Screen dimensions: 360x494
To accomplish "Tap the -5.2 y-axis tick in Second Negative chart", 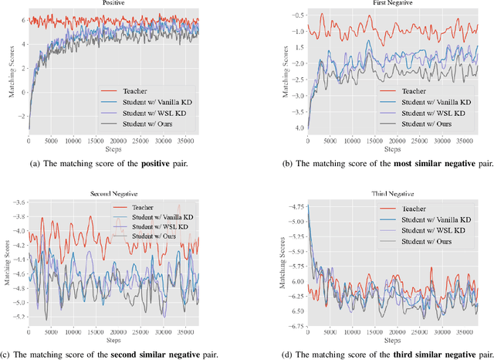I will click(x=17, y=317).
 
